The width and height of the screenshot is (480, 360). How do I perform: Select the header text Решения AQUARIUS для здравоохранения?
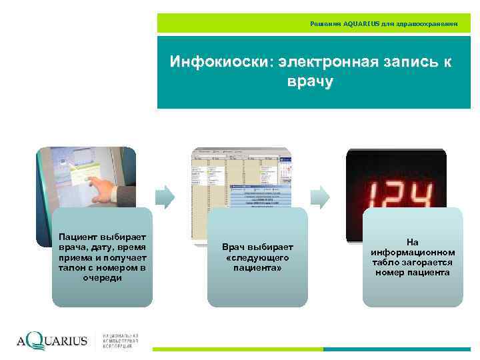coord(384,23)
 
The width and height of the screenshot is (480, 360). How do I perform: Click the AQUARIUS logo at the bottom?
coord(52,341)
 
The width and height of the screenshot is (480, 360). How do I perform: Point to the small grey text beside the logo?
coord(120,340)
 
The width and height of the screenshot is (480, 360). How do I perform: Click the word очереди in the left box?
coord(102,277)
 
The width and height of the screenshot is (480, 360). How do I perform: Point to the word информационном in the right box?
coord(413,253)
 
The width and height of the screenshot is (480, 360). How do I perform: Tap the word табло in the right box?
coord(386,263)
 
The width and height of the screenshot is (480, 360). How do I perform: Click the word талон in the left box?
coord(71,267)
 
